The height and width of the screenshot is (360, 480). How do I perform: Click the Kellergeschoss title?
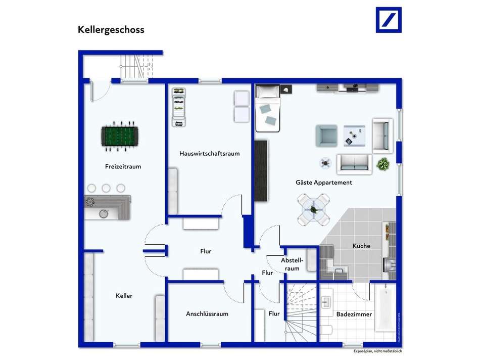(x=111, y=29)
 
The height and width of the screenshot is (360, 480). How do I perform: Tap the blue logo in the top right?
(x=389, y=20)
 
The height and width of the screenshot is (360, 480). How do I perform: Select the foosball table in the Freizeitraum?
(x=119, y=136)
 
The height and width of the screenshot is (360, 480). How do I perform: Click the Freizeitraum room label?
(x=123, y=166)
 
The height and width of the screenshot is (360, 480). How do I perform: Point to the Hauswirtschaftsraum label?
(x=209, y=153)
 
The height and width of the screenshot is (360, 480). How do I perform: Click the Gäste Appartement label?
(x=324, y=182)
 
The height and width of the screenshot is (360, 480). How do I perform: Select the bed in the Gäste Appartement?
(x=267, y=108)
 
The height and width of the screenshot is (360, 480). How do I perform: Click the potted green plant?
(x=383, y=164)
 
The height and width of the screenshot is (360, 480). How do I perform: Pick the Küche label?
(x=361, y=246)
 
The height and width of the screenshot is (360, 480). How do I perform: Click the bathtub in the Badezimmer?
(x=386, y=309)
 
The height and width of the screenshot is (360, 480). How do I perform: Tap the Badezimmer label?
(x=354, y=314)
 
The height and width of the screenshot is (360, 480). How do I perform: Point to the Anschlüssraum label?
(x=207, y=314)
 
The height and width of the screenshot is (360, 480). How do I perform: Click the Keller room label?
(x=124, y=296)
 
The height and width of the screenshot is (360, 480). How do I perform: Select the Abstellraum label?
(x=293, y=264)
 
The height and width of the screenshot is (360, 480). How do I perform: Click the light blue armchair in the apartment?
(x=326, y=136)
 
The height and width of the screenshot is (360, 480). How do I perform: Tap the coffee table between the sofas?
(x=354, y=135)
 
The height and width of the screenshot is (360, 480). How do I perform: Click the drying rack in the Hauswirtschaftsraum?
(x=178, y=107)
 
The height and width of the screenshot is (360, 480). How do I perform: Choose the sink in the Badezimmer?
(x=326, y=302)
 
